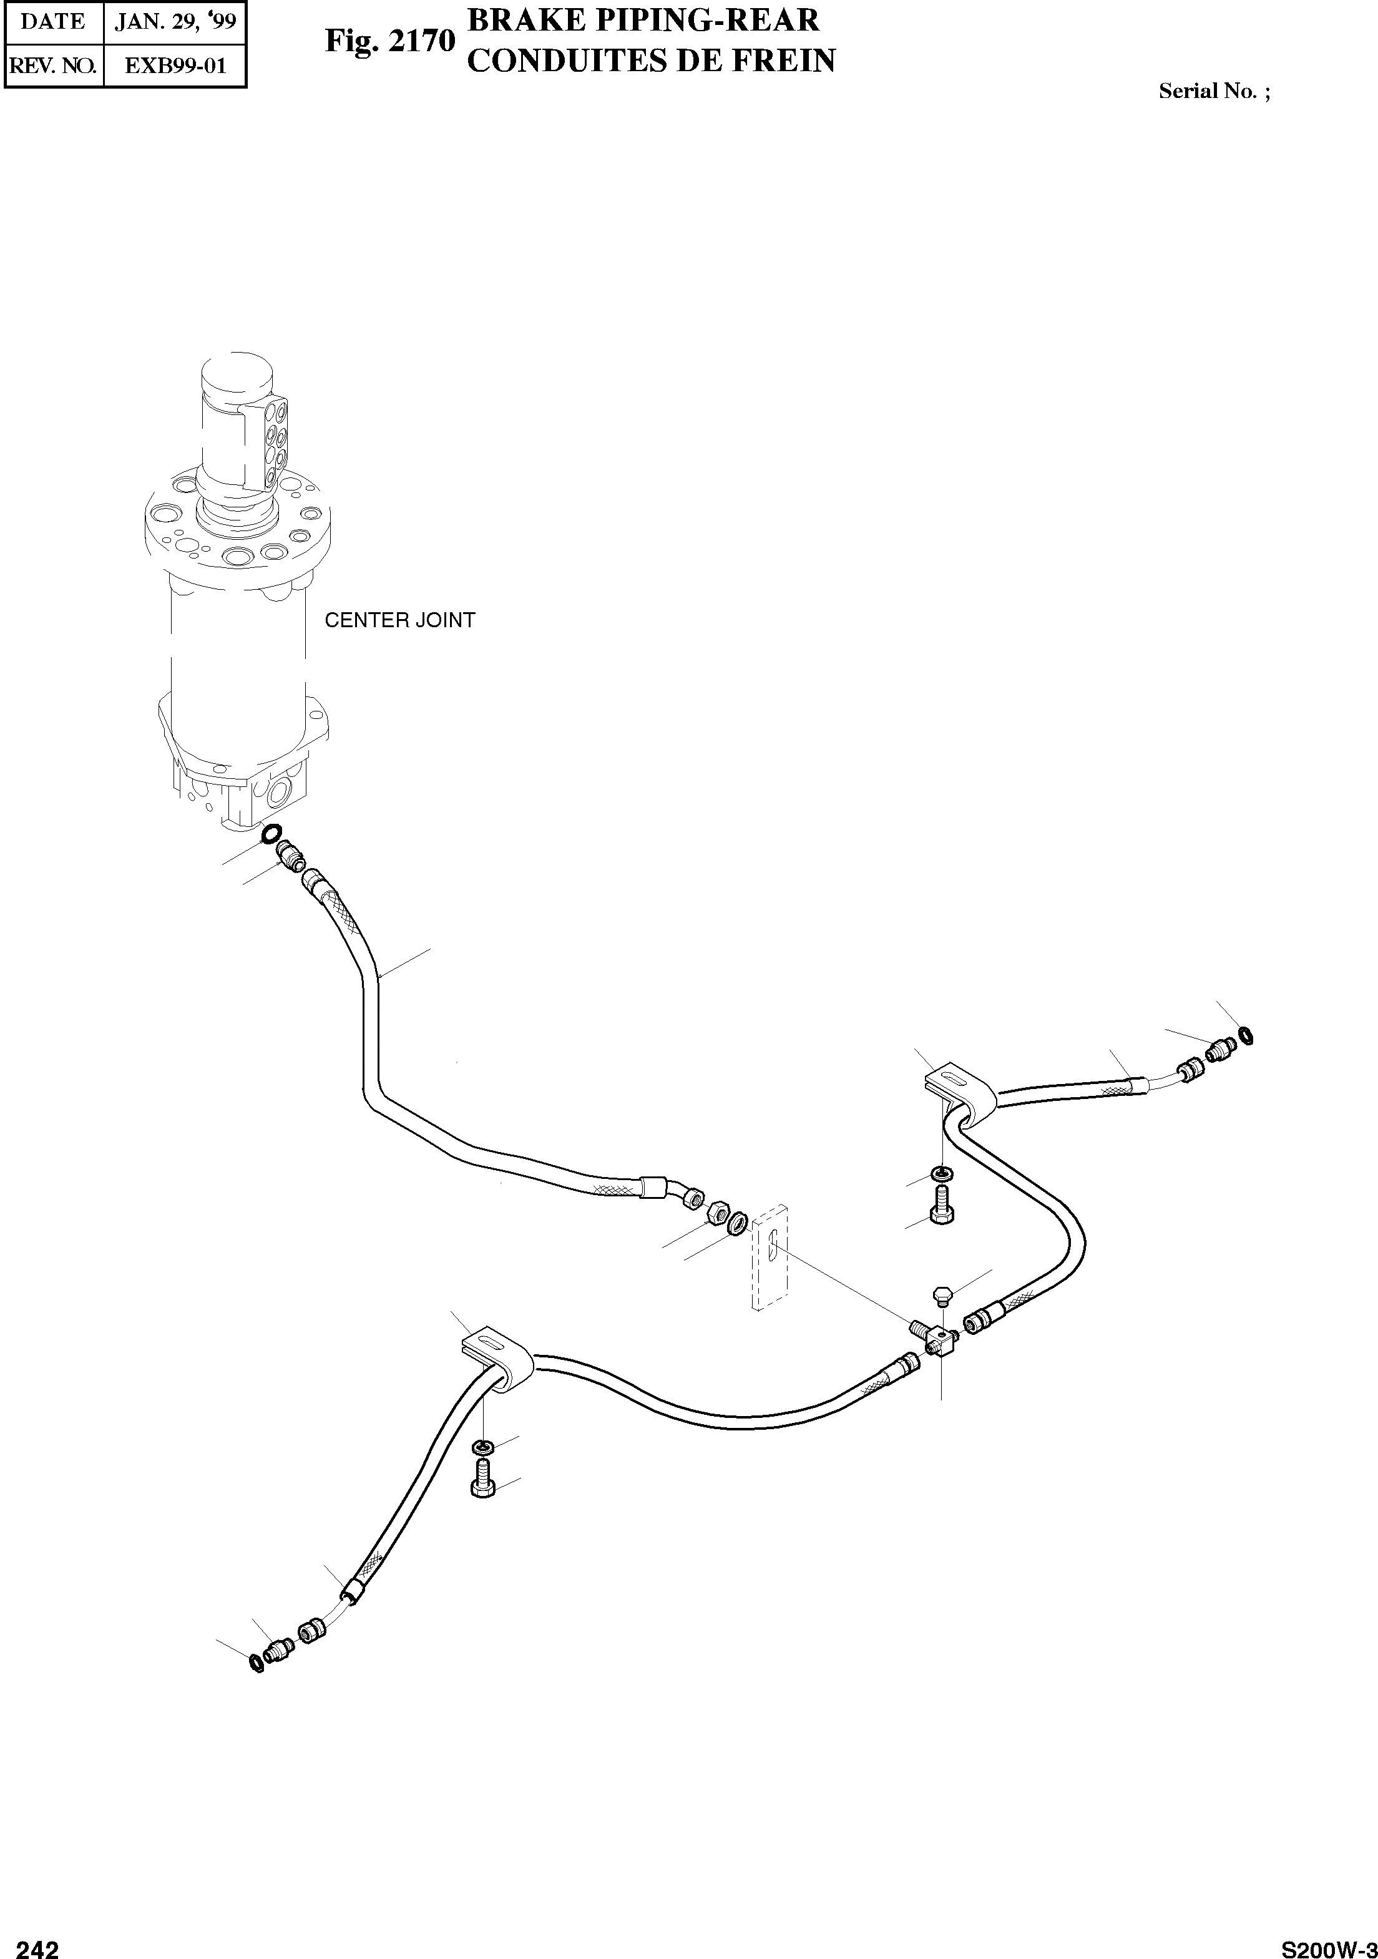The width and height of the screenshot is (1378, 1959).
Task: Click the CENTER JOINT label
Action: coord(399,620)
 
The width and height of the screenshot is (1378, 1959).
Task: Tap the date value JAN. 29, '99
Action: coord(175,21)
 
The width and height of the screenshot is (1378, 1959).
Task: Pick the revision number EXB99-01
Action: coord(175,66)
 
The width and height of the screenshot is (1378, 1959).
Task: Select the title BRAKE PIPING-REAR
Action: coord(643,19)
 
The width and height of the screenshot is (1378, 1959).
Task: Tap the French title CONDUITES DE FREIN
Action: coord(652,61)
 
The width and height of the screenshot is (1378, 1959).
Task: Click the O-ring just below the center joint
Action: coord(272,832)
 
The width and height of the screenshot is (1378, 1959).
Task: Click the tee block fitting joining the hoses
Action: coord(941,1343)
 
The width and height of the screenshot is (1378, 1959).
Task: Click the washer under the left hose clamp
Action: coord(482,1447)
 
